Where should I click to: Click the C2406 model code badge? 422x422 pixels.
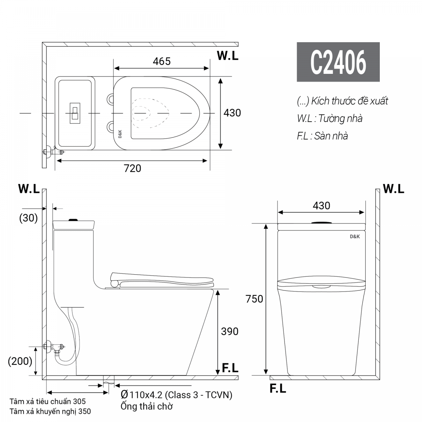pyautogui.click(x=338, y=62)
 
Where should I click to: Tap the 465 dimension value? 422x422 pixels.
pyautogui.click(x=162, y=61)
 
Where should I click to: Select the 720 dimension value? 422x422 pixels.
pyautogui.click(x=133, y=168)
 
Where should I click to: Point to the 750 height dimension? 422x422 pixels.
pyautogui.click(x=254, y=299)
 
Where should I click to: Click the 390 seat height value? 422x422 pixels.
pyautogui.click(x=230, y=331)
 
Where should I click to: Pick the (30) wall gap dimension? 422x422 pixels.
pyautogui.click(x=28, y=218)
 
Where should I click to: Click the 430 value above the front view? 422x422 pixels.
pyautogui.click(x=321, y=206)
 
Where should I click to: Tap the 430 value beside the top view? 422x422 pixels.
pyautogui.click(x=232, y=113)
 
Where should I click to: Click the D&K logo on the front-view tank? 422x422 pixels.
pyautogui.click(x=354, y=237)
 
